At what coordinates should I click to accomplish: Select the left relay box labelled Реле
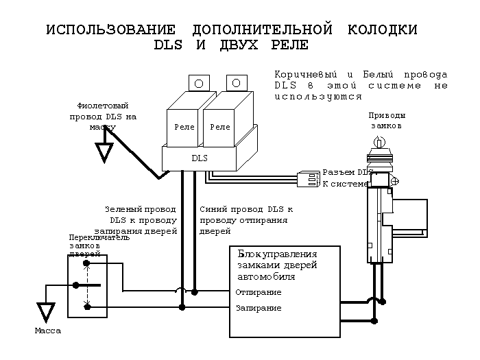tap(184, 128)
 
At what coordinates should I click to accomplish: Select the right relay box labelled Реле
tap(220, 128)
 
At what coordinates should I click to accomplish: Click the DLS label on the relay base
tap(199, 158)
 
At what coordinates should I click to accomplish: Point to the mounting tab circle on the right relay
tap(235, 83)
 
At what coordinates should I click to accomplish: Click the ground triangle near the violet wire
tap(104, 152)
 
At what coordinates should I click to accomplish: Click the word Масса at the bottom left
tap(47, 331)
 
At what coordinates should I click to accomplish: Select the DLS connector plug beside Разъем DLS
tap(308, 179)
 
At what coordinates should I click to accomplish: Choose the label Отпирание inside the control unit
tap(258, 292)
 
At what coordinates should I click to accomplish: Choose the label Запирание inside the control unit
tap(258, 308)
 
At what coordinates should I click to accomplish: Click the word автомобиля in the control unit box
tap(267, 277)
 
